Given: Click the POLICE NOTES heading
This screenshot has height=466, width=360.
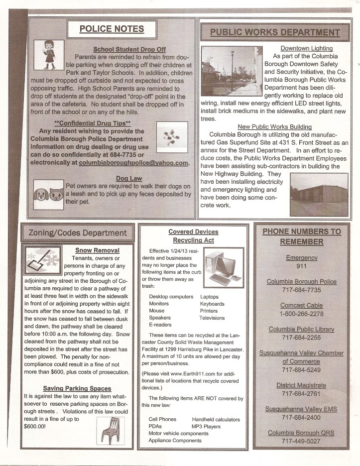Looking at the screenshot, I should coord(112,29).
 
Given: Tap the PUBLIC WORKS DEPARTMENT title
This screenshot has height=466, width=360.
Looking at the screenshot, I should coord(275,33).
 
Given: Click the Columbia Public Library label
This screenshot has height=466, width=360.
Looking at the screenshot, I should coord(301,330).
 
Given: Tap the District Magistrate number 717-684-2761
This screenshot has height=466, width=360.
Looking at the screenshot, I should coord(301,394).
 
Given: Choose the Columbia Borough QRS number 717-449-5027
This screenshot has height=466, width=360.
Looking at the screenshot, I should coord(301,442).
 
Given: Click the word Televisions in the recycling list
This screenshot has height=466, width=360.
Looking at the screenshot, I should coord(212,318).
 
